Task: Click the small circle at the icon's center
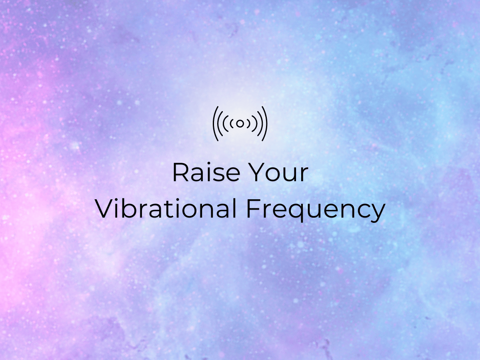pyautogui.click(x=240, y=124)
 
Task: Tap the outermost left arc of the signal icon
pyautogui.click(x=214, y=124)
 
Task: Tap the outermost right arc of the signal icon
pyautogui.click(x=267, y=124)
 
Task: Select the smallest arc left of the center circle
pyautogui.click(x=231, y=124)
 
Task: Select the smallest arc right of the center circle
pyautogui.click(x=249, y=124)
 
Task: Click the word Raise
pyautogui.click(x=207, y=172)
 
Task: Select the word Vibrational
pyautogui.click(x=166, y=208)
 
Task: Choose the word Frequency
pyautogui.click(x=316, y=210)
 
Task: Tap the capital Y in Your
pyautogui.click(x=256, y=172)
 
